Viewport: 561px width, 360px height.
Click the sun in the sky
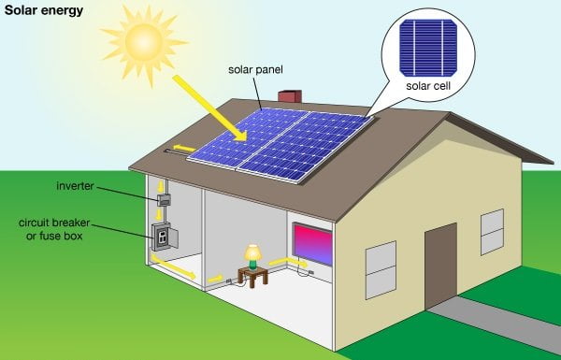pos(144,41)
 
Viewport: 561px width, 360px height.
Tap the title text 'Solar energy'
pos(43,11)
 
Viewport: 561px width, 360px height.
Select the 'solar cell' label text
pos(426,87)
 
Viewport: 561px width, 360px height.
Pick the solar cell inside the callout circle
pos(426,47)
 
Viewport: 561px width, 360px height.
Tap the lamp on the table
pos(252,254)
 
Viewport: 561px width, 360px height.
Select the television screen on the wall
pos(312,241)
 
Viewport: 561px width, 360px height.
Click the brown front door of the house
pos(440,263)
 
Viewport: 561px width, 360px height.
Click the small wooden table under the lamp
pos(252,275)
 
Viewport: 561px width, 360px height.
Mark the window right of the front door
pos(492,233)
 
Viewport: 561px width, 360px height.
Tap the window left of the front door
pos(381,269)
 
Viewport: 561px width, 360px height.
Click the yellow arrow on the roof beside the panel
pos(184,148)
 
